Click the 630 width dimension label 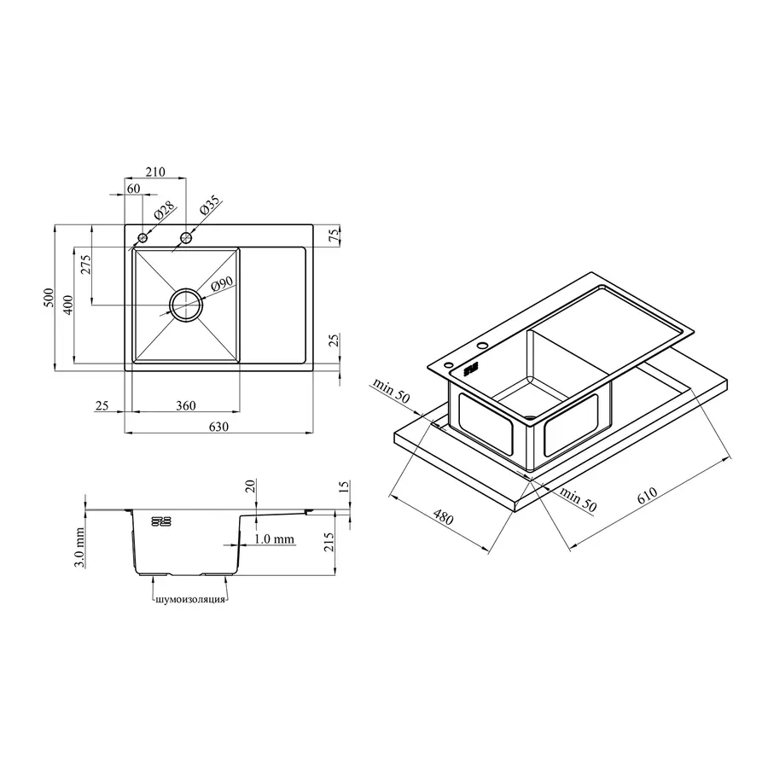click(x=218, y=427)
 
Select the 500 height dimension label click(x=49, y=298)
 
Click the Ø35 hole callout click(x=211, y=206)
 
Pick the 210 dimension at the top click(x=155, y=172)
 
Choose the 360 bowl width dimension click(x=186, y=405)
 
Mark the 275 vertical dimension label click(x=85, y=265)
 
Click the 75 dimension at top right click(x=334, y=236)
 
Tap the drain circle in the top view click(x=186, y=305)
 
